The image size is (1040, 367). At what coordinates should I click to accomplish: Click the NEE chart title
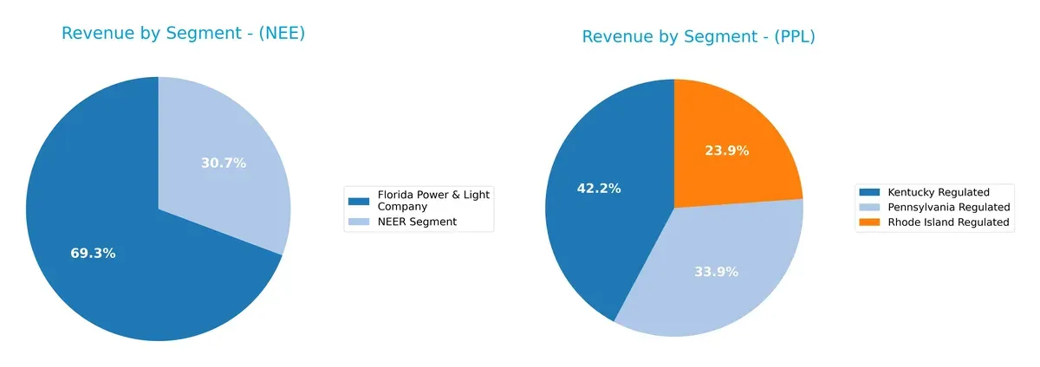click(183, 34)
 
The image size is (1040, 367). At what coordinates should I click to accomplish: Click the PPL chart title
click(699, 37)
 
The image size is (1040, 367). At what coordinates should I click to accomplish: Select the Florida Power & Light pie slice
click(121, 260)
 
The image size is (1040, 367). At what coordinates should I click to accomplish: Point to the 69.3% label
click(93, 254)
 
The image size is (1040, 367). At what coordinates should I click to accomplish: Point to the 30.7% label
click(224, 163)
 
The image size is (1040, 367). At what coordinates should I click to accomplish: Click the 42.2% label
click(599, 188)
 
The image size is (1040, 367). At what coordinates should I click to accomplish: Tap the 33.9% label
click(716, 272)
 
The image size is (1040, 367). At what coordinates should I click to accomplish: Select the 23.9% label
click(726, 151)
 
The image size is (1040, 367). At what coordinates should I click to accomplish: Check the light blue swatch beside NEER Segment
click(358, 222)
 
